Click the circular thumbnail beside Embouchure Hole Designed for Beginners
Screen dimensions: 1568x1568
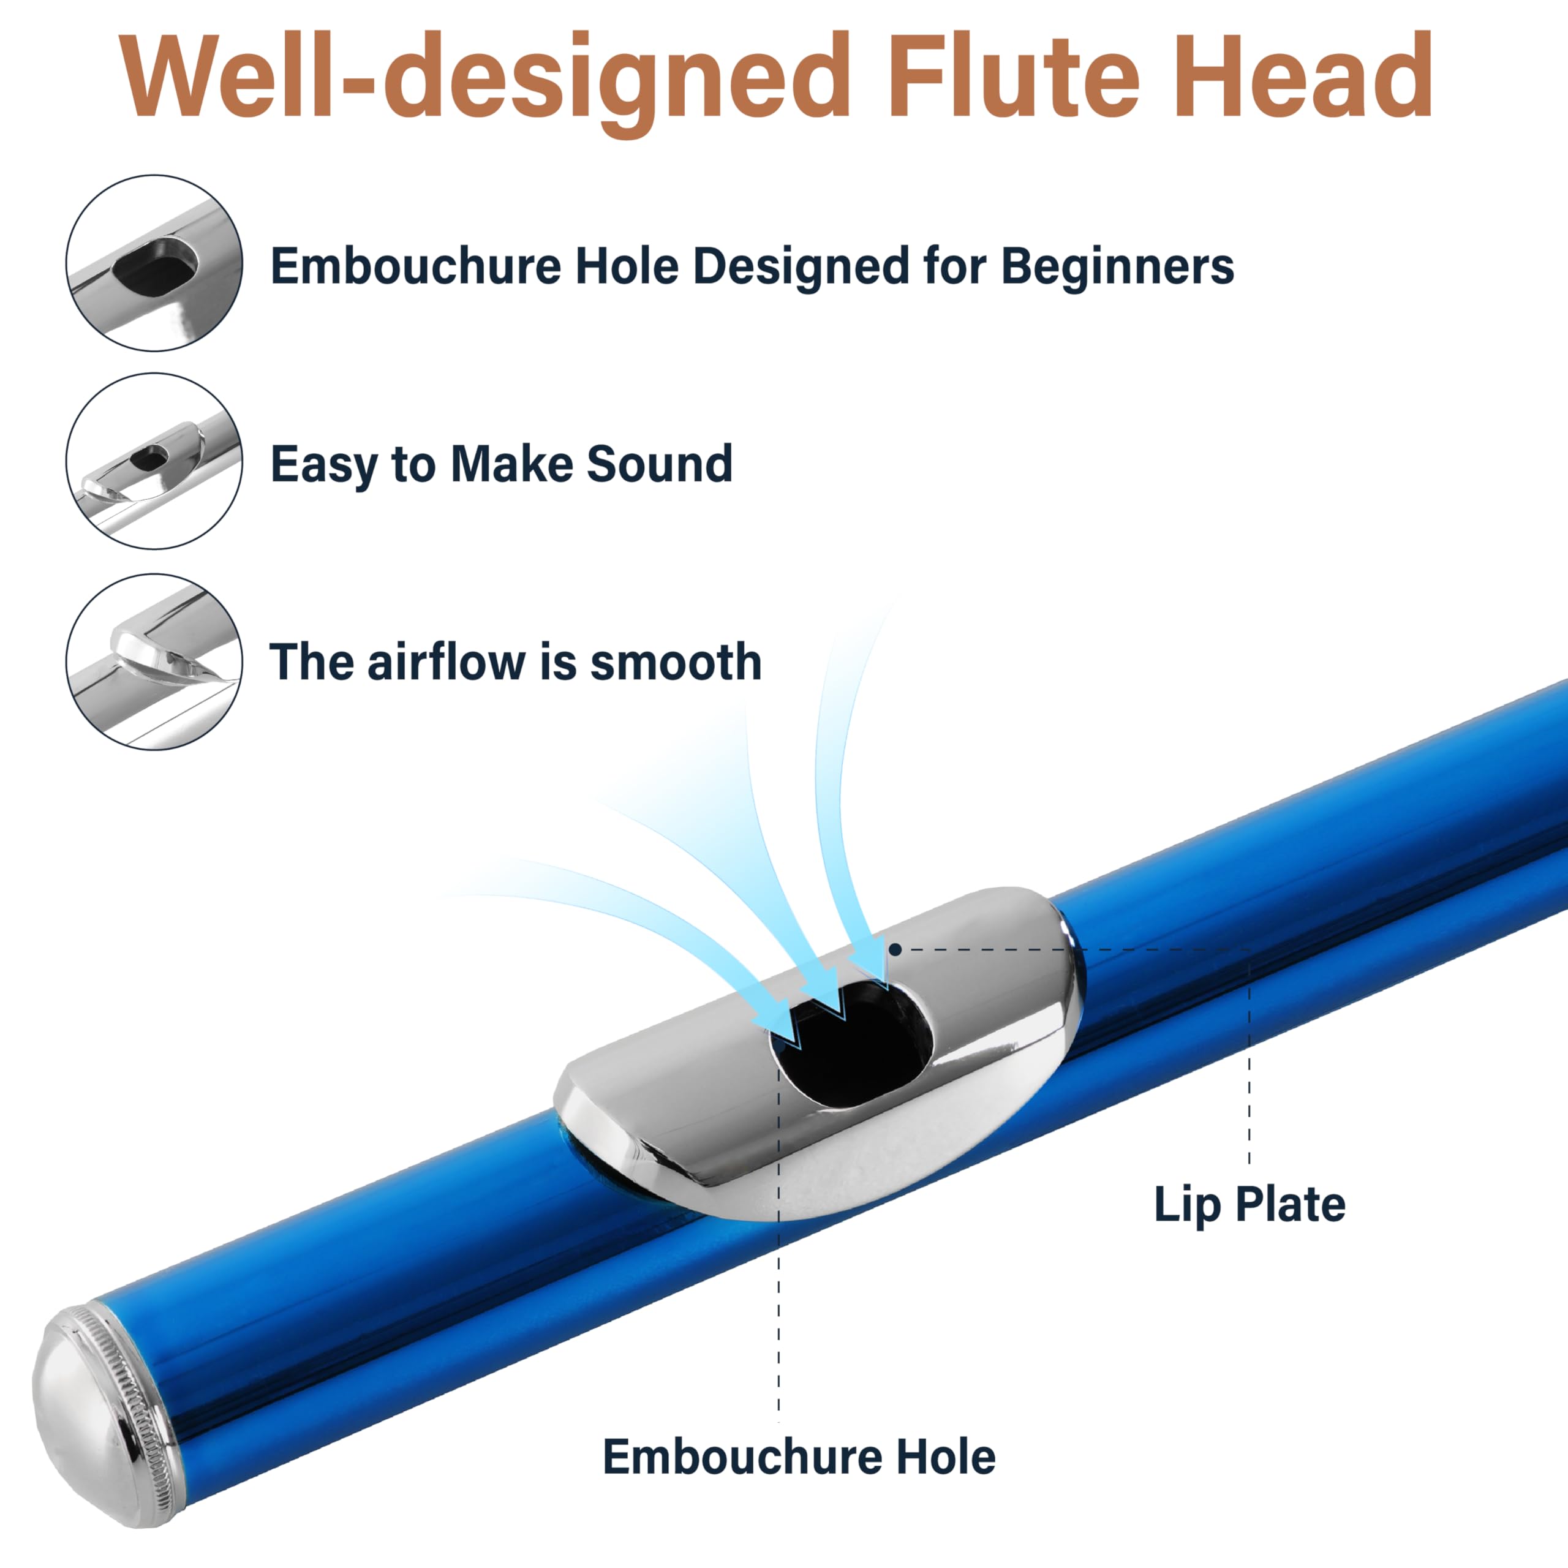154,263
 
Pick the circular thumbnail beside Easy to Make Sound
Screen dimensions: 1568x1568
154,461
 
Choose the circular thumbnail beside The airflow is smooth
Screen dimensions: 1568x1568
154,661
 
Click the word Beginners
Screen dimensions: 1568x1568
1118,266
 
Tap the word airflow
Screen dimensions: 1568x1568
447,661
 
